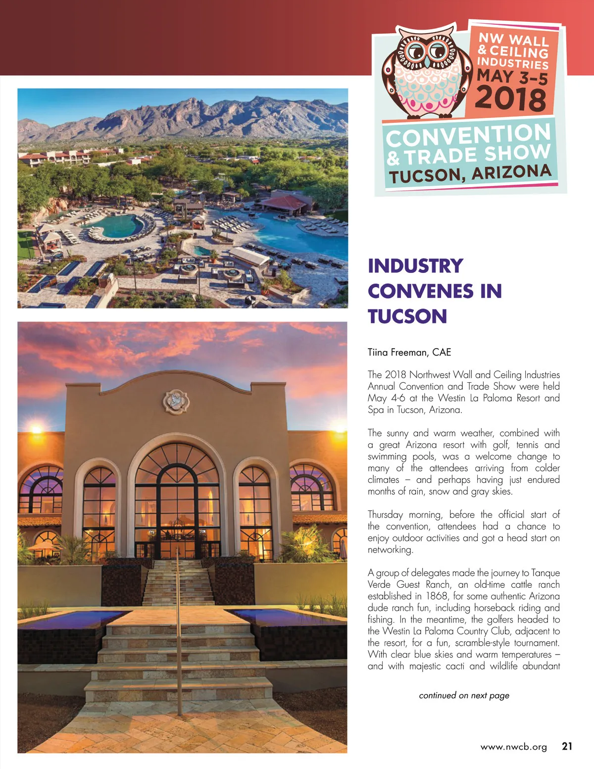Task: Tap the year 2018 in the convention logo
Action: click(511, 99)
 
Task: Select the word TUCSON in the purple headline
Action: click(407, 316)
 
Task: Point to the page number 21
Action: click(567, 746)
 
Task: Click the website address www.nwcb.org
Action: click(513, 747)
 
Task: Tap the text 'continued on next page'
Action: click(464, 695)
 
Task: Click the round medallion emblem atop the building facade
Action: click(176, 402)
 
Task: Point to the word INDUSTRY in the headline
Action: click(415, 266)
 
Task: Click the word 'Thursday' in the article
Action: click(385, 514)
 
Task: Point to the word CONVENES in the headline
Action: click(420, 291)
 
